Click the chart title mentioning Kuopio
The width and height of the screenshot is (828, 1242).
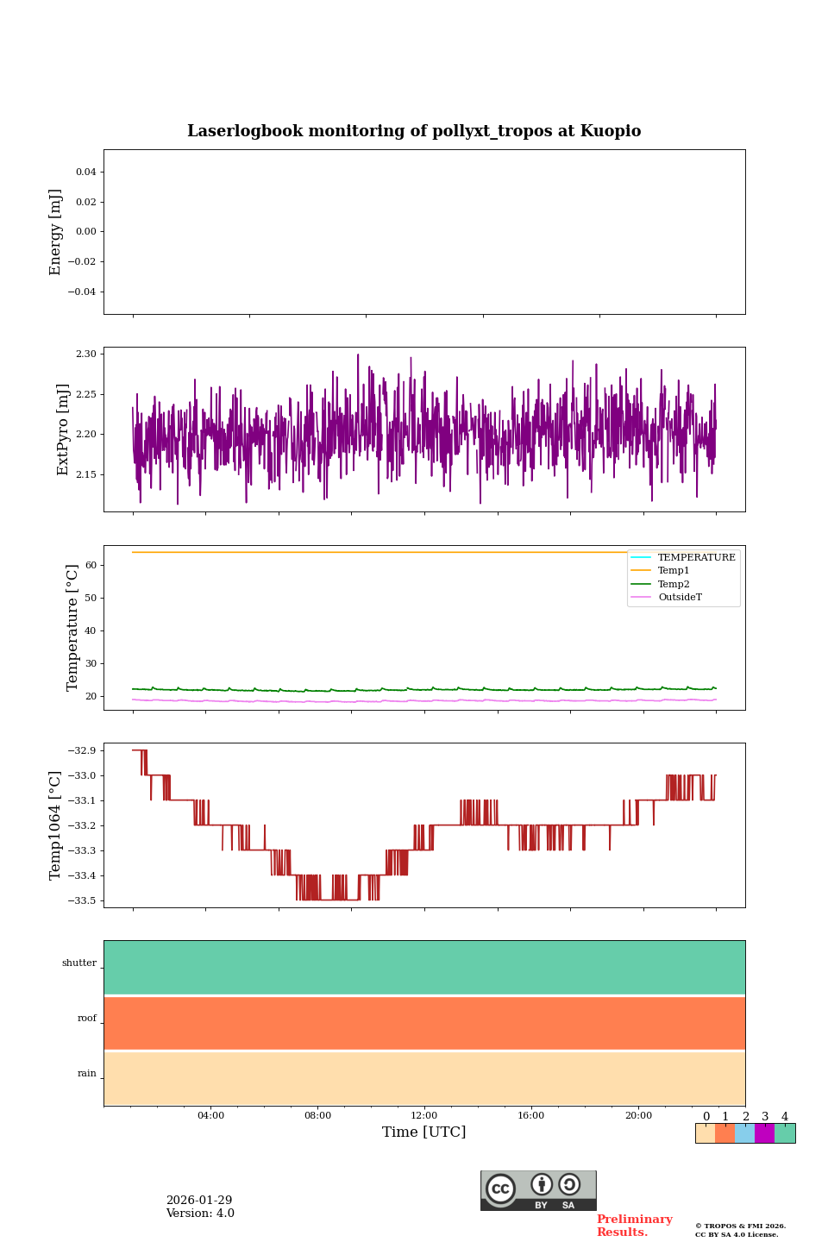(414, 131)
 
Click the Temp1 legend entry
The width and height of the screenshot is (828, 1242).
(674, 571)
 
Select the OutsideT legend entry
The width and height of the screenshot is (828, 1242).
(680, 598)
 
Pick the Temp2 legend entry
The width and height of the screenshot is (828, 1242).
(674, 584)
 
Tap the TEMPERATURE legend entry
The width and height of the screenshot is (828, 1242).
(696, 558)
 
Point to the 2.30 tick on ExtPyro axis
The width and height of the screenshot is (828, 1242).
(86, 354)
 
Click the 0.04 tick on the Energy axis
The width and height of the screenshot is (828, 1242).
(86, 172)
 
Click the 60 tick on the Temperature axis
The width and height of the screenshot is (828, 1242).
(91, 565)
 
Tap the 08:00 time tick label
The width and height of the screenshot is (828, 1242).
(317, 1116)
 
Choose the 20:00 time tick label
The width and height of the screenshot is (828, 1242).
(638, 1116)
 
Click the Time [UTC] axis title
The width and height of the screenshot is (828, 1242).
(424, 1132)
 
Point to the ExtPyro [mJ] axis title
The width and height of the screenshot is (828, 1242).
(63, 430)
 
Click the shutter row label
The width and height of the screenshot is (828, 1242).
(79, 963)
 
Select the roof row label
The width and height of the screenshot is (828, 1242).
(87, 1019)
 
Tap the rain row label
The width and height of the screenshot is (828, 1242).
(87, 1074)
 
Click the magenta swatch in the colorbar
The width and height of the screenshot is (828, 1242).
(764, 1133)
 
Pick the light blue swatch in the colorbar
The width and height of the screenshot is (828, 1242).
(744, 1133)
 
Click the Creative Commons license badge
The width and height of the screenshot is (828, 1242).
(538, 1190)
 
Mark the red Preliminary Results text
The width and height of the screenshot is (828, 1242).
(634, 1226)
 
